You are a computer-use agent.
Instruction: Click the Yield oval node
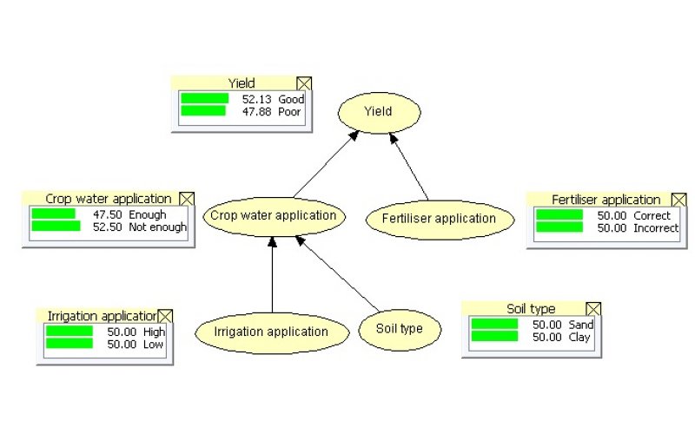click(379, 112)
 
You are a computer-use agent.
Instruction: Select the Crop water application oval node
click(274, 216)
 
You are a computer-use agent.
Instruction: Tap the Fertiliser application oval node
click(440, 220)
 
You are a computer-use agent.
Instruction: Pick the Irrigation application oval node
click(272, 332)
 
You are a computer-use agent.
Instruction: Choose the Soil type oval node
click(400, 329)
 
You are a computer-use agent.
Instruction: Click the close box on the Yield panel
click(304, 83)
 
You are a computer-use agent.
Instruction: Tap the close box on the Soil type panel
click(593, 309)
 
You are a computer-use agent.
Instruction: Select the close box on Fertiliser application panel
click(679, 200)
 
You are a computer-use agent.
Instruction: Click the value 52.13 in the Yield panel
click(256, 99)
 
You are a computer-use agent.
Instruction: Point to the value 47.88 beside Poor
click(256, 112)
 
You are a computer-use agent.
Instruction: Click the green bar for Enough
click(54, 214)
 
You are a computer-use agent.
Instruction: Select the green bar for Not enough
click(56, 226)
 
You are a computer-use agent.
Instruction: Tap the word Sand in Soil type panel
click(581, 325)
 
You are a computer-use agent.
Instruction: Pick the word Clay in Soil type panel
click(579, 338)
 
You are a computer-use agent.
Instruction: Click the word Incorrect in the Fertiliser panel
click(656, 228)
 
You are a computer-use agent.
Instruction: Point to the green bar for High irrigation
click(69, 331)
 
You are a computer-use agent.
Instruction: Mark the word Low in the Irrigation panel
click(153, 344)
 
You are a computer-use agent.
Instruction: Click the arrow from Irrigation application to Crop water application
click(272, 274)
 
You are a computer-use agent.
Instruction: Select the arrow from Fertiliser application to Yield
click(408, 167)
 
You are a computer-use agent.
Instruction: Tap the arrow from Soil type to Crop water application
click(337, 273)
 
